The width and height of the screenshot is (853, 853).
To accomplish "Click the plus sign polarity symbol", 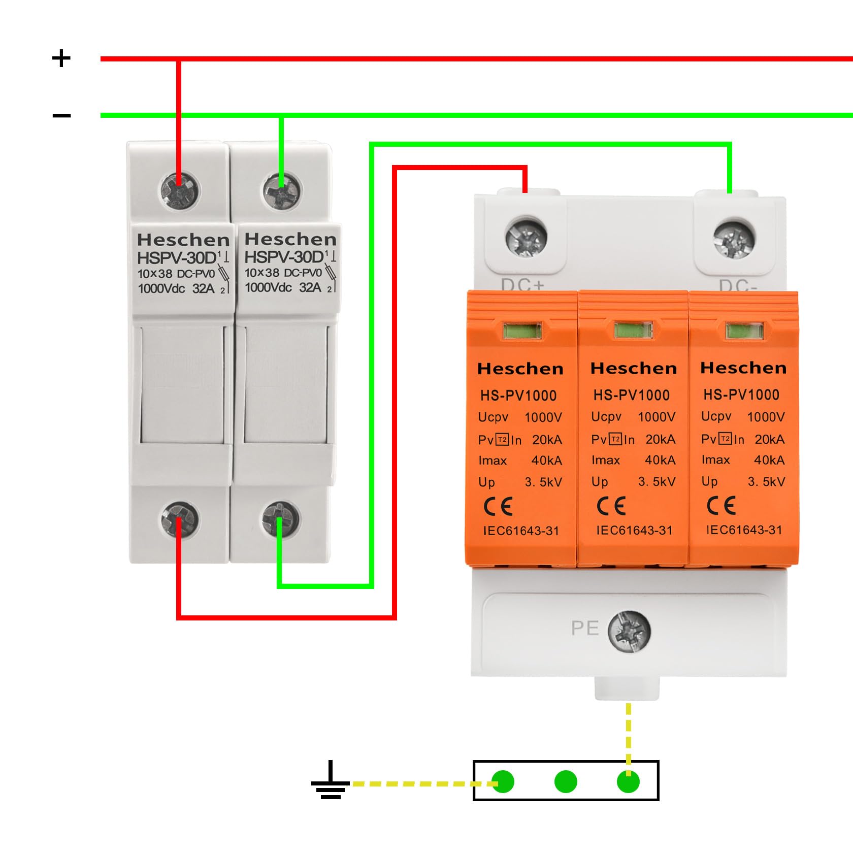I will [61, 58].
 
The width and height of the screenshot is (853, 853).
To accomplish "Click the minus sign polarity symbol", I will [61, 116].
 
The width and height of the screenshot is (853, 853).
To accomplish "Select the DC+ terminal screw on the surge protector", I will [527, 237].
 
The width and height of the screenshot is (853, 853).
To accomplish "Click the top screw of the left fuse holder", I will [180, 190].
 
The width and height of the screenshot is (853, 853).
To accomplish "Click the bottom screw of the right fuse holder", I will [281, 520].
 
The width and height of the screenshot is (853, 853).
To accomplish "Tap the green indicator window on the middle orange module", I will [633, 331].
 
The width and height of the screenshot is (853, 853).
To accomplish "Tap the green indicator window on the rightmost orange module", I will [744, 332].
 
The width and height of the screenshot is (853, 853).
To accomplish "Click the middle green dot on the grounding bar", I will [566, 781].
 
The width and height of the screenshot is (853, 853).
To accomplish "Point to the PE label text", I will [585, 628].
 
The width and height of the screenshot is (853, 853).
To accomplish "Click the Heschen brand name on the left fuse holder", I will [183, 240].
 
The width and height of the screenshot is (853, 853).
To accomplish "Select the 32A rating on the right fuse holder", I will [310, 287].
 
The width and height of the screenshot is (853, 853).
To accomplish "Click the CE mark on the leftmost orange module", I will [498, 506].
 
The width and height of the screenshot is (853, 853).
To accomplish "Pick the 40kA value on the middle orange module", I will [660, 460].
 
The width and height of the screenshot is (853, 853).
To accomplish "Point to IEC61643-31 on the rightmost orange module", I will [744, 530].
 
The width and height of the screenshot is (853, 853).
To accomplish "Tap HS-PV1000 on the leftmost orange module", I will [518, 396].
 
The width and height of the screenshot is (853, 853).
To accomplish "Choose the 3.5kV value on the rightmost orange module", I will [766, 481].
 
